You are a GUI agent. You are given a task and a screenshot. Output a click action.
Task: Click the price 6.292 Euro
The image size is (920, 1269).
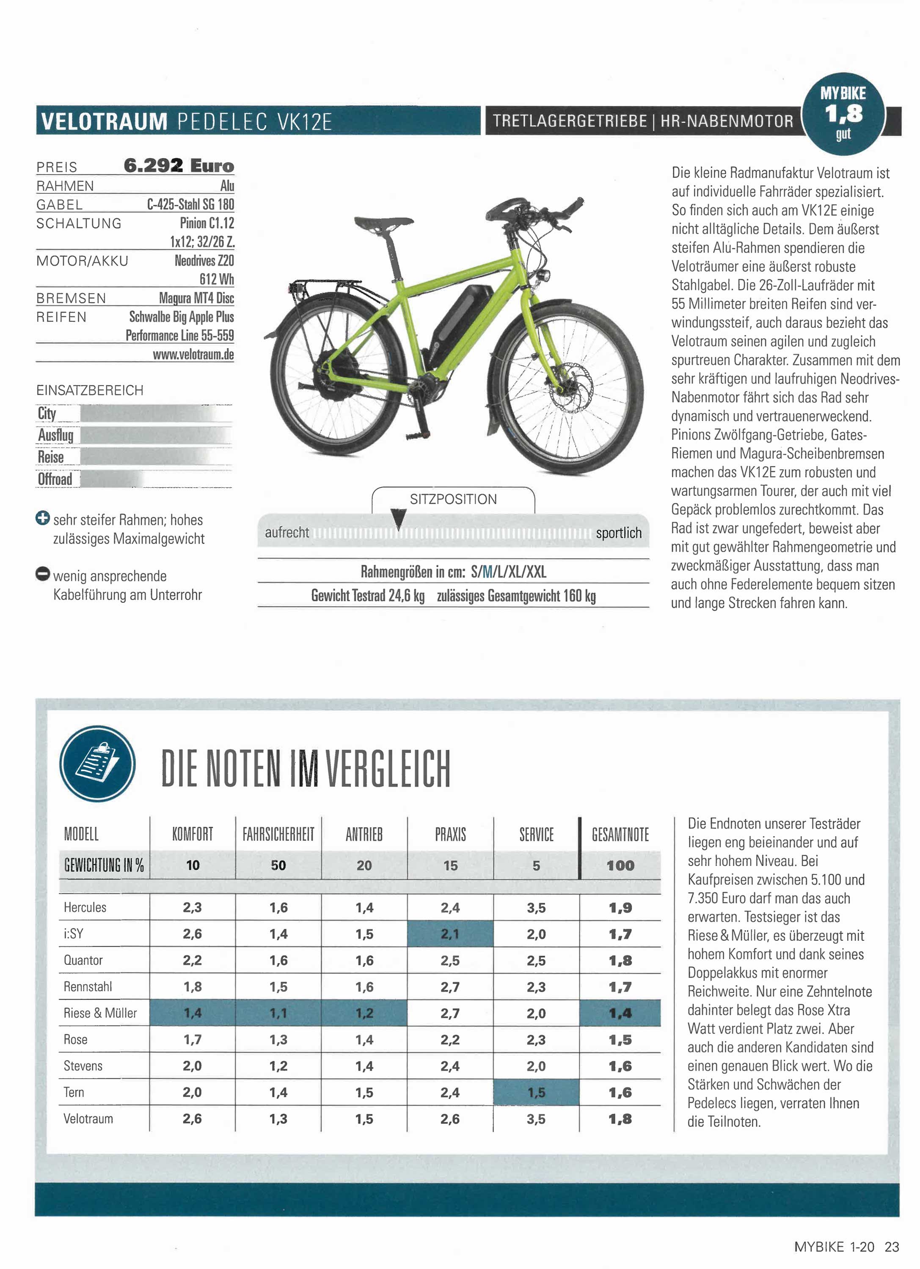tap(179, 166)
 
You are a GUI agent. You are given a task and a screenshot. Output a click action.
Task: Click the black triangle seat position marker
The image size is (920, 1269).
tap(399, 518)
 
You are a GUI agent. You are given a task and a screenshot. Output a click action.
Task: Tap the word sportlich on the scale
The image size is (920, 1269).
tap(618, 533)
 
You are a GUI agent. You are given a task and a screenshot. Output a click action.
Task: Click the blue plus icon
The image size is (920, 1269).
tap(43, 518)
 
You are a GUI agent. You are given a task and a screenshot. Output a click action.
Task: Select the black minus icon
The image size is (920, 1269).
tap(43, 574)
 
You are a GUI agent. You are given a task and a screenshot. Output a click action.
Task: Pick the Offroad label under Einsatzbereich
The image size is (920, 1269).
tap(55, 479)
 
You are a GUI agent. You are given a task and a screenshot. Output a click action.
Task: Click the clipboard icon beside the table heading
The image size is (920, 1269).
tap(97, 763)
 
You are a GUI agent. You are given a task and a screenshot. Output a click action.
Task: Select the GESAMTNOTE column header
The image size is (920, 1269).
tap(620, 835)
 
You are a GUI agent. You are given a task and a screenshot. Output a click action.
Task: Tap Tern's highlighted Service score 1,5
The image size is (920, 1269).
tap(536, 1092)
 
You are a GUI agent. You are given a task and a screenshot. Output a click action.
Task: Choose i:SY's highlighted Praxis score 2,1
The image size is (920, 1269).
tap(450, 934)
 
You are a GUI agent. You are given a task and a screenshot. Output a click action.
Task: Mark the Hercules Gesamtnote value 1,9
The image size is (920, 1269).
tap(620, 908)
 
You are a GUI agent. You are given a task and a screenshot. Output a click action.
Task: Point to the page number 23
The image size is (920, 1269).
tap(892, 1247)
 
